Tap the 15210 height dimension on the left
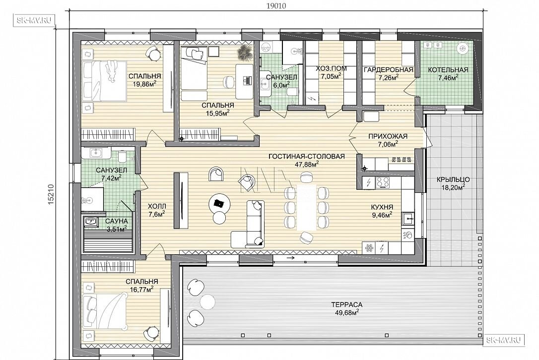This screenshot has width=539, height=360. click(51, 195)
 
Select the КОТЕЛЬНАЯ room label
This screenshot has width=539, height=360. click(448, 70)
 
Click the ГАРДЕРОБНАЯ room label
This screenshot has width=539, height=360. click(389, 70)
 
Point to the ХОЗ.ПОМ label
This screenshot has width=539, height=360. click(332, 68)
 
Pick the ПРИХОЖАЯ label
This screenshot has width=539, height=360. click(388, 136)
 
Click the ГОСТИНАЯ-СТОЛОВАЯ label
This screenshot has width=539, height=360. click(307, 157)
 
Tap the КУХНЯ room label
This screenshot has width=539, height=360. click(382, 207)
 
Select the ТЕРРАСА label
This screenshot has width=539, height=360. click(347, 304)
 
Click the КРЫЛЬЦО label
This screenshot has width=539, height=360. click(453, 180)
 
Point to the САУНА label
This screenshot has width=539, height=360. click(117, 222)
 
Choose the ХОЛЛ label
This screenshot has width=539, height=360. click(157, 206)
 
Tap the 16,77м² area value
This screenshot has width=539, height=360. click(141, 290)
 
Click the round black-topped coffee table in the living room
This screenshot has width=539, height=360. click(218, 203)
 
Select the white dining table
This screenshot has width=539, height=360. click(307, 208)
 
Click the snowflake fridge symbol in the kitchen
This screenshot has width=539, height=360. click(369, 247)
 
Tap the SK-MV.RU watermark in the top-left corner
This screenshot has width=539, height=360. click(35, 20)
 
